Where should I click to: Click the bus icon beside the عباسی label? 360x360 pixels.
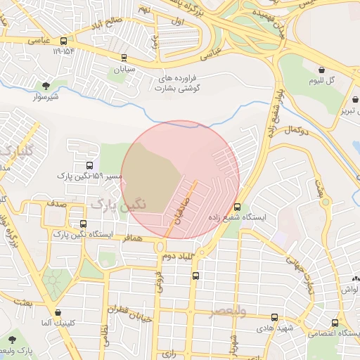64,40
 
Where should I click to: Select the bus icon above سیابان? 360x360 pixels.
124,58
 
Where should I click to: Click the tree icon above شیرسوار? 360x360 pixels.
46,85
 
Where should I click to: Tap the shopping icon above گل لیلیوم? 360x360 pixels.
322,70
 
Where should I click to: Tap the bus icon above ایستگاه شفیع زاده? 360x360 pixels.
236,207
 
